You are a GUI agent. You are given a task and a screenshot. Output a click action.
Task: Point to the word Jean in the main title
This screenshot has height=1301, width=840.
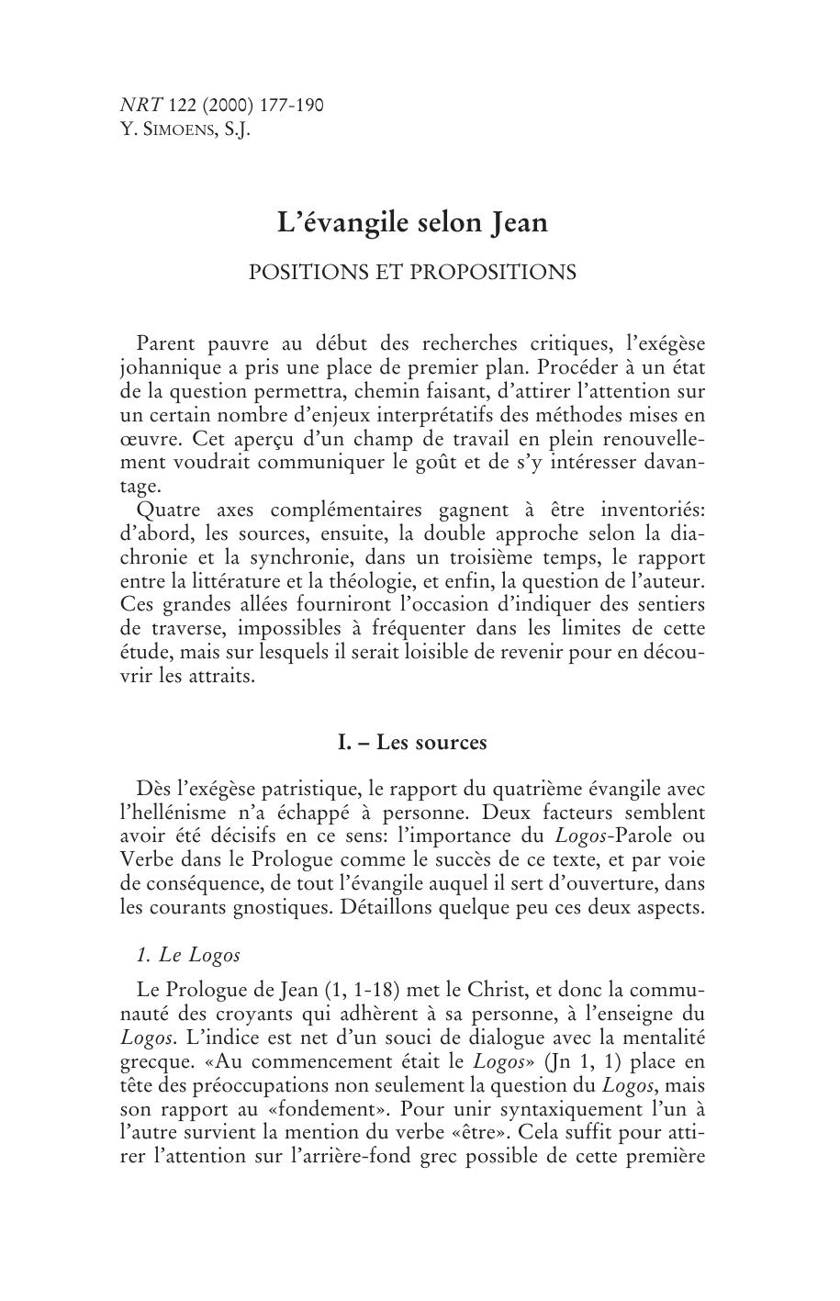519,223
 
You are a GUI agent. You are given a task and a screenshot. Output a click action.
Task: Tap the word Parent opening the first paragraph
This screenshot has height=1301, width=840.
165,343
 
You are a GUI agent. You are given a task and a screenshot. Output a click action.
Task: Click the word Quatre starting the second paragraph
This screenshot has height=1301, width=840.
166,510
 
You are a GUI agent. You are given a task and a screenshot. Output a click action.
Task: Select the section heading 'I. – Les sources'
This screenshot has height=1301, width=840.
412,742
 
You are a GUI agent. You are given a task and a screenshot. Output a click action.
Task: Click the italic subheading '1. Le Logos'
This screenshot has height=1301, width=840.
187,955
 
